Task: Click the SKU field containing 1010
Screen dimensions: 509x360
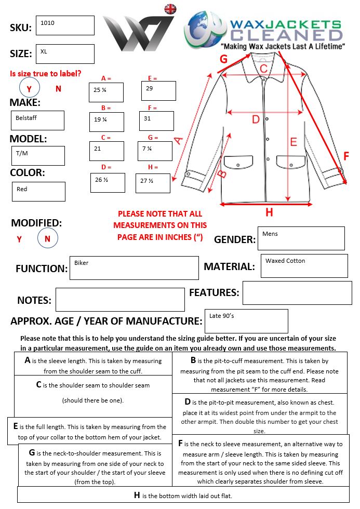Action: pyautogui.click(x=65, y=25)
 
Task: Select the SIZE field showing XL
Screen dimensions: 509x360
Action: pyautogui.click(x=65, y=54)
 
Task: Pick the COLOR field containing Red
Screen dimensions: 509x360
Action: pyautogui.click(x=39, y=192)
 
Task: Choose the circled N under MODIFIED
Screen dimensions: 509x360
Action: pyautogui.click(x=48, y=239)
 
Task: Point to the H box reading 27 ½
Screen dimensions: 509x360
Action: pyautogui.click(x=153, y=183)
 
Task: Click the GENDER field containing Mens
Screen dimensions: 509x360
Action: pyautogui.click(x=301, y=238)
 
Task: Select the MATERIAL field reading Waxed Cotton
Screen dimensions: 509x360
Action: pyautogui.click(x=304, y=266)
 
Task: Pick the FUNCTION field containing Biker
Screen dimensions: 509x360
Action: pyautogui.click(x=134, y=268)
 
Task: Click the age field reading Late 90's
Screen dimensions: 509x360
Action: pyautogui.click(x=246, y=321)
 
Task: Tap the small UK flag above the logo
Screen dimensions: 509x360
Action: pyautogui.click(x=170, y=9)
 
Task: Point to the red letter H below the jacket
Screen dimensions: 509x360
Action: pyautogui.click(x=269, y=212)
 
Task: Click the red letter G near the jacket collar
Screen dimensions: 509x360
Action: pyautogui.click(x=223, y=59)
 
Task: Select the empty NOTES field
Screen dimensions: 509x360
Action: pyautogui.click(x=120, y=300)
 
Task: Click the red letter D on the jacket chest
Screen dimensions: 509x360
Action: pyautogui.click(x=256, y=119)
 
